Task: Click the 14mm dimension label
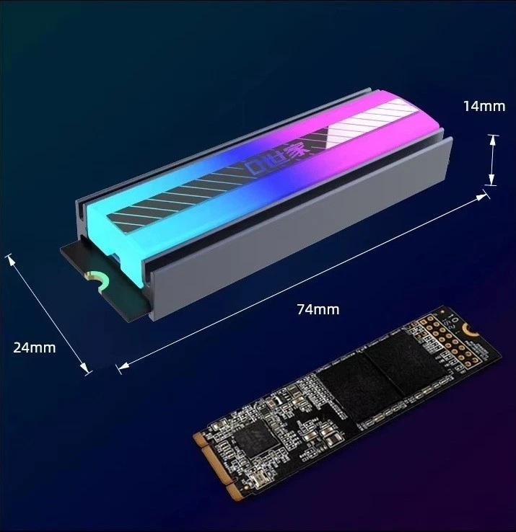pyautogui.click(x=484, y=106)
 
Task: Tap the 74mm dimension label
pyautogui.click(x=318, y=309)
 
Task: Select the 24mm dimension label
pyautogui.click(x=34, y=347)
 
